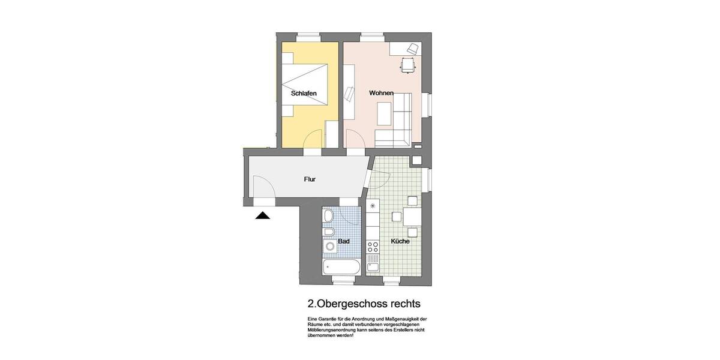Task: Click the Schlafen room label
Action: [304, 94]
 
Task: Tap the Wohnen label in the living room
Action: [381, 93]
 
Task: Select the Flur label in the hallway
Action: [310, 179]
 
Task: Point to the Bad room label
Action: [344, 241]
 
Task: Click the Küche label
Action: [400, 241]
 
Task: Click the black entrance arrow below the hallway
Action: [263, 216]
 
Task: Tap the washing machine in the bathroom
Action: [329, 247]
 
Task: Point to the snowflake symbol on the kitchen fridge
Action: [373, 206]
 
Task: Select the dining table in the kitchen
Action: [412, 216]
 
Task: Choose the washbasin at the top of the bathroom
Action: [328, 215]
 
